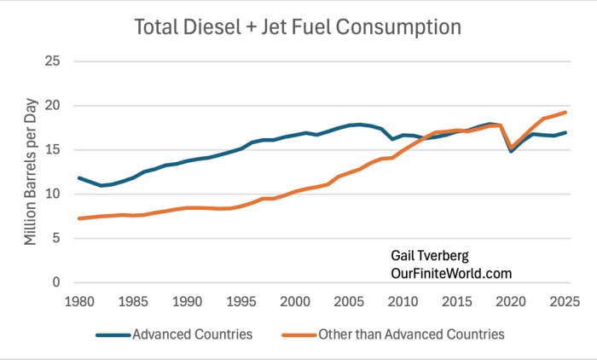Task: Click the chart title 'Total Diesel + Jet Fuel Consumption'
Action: [x=298, y=27]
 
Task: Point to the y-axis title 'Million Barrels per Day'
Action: [x=31, y=171]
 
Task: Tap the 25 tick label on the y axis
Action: [x=53, y=61]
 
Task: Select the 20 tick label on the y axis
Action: [x=53, y=105]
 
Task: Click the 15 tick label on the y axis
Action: [x=53, y=149]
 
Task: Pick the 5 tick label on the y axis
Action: [x=56, y=239]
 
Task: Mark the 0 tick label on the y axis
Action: [x=56, y=282]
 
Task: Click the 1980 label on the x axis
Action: [x=79, y=302]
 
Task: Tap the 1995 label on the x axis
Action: [x=241, y=302]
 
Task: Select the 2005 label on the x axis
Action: [x=349, y=302]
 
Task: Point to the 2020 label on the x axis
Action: [x=511, y=302]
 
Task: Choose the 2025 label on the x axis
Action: [x=565, y=302]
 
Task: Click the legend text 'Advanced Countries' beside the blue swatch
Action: [x=192, y=334]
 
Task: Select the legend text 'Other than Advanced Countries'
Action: [x=411, y=334]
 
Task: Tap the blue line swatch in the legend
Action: [x=113, y=335]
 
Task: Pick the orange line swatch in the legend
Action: [x=298, y=335]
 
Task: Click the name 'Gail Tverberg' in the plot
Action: [x=430, y=256]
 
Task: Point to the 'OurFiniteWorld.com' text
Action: [x=451, y=274]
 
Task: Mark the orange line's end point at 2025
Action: [x=565, y=113]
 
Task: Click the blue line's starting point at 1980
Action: [x=79, y=178]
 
